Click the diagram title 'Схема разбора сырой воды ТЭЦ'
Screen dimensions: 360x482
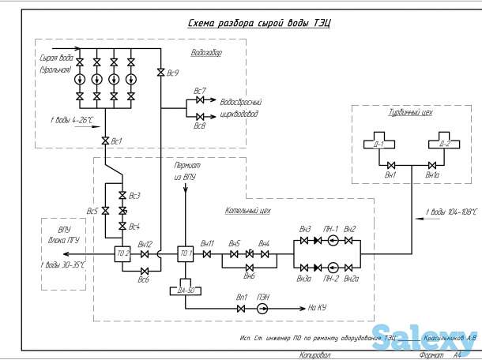(x=258, y=24)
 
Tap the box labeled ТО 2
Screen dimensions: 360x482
(x=122, y=254)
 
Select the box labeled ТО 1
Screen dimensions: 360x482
(x=186, y=254)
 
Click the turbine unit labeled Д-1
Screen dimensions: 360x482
(x=378, y=146)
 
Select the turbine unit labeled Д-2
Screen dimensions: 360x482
(x=443, y=146)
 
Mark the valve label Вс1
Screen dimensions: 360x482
(x=117, y=141)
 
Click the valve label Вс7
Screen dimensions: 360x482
(x=199, y=91)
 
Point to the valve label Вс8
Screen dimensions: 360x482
(x=199, y=126)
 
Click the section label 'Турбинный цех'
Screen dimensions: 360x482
(x=411, y=114)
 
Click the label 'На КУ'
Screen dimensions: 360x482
(x=318, y=309)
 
